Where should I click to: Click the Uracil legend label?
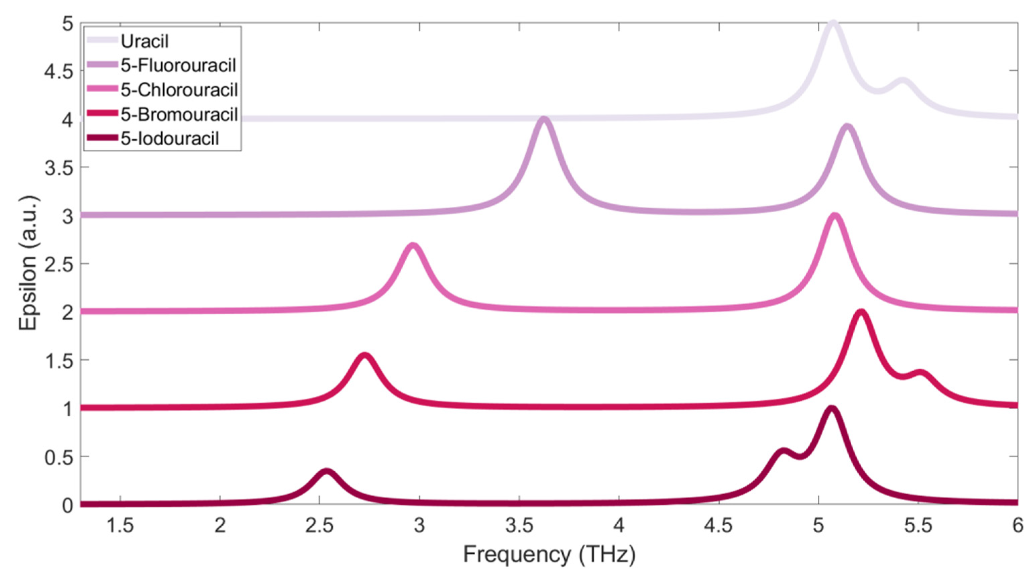coord(145,41)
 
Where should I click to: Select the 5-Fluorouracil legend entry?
coord(178,65)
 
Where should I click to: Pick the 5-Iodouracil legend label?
coord(170,139)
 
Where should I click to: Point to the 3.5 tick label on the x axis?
coord(519,526)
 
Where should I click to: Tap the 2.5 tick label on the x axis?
coord(319,526)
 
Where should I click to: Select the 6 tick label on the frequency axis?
coord(1017,526)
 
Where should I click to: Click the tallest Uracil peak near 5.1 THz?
coord(833,23)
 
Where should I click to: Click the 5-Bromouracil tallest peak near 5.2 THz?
coord(861,313)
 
